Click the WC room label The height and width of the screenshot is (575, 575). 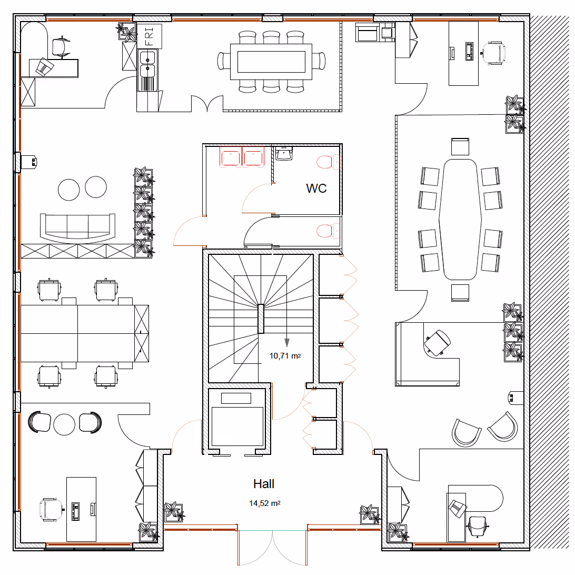click(x=316, y=188)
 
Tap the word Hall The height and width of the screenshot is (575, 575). click(x=264, y=484)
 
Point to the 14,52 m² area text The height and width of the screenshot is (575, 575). click(x=265, y=503)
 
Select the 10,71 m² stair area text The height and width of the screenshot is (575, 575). click(x=285, y=356)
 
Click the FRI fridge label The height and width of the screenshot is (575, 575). click(x=149, y=36)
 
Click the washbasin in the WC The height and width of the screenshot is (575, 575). click(x=284, y=154)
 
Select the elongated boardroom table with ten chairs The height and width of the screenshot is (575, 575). click(x=460, y=219)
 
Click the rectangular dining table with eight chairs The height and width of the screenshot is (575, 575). click(x=271, y=62)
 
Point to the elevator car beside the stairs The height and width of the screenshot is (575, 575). click(x=236, y=419)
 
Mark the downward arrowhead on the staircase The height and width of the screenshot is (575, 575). click(x=287, y=343)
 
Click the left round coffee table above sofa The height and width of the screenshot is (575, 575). click(x=68, y=190)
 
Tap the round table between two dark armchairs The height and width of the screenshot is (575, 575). click(x=64, y=424)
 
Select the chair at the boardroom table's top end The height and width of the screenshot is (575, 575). click(x=460, y=147)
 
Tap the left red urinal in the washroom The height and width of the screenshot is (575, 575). click(x=231, y=157)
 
